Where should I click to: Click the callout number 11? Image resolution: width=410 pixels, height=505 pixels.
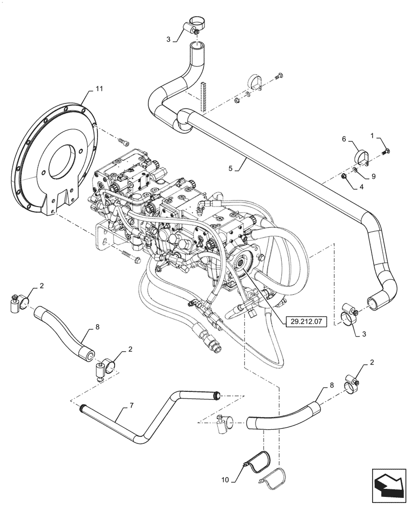[x=98, y=88]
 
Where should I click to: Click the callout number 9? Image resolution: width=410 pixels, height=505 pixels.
[x=373, y=177]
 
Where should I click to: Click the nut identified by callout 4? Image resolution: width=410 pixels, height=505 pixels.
[x=344, y=177]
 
